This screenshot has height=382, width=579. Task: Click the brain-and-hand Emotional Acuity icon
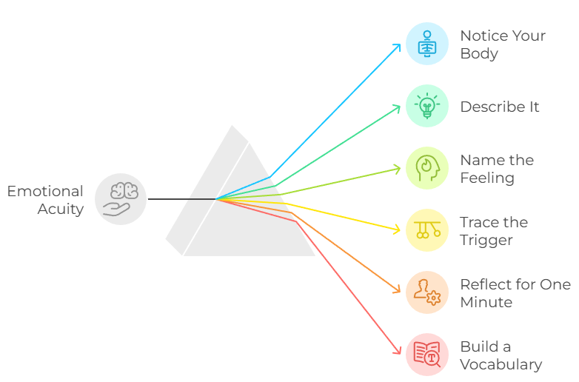pos(121,199)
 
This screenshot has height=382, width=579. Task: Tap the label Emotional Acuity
pos(46,200)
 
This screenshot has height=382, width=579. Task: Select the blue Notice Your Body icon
pos(427,44)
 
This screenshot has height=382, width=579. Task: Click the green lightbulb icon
pos(427,106)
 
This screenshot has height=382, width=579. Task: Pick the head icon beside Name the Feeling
pos(427,168)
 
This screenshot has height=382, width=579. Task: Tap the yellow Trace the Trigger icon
pos(427,230)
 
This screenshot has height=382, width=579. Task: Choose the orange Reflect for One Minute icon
pos(427,292)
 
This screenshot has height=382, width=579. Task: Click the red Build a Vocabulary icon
pos(427,355)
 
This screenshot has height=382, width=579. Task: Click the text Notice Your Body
pos(502,44)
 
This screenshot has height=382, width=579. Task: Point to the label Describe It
pos(500,107)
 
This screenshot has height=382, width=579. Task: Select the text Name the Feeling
pos(497,169)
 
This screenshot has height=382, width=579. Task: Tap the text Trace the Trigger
pos(493,231)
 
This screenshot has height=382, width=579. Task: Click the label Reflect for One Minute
pos(515,293)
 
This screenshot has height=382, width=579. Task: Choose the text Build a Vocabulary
pos(501,355)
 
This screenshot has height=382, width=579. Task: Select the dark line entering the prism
pos(181,199)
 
